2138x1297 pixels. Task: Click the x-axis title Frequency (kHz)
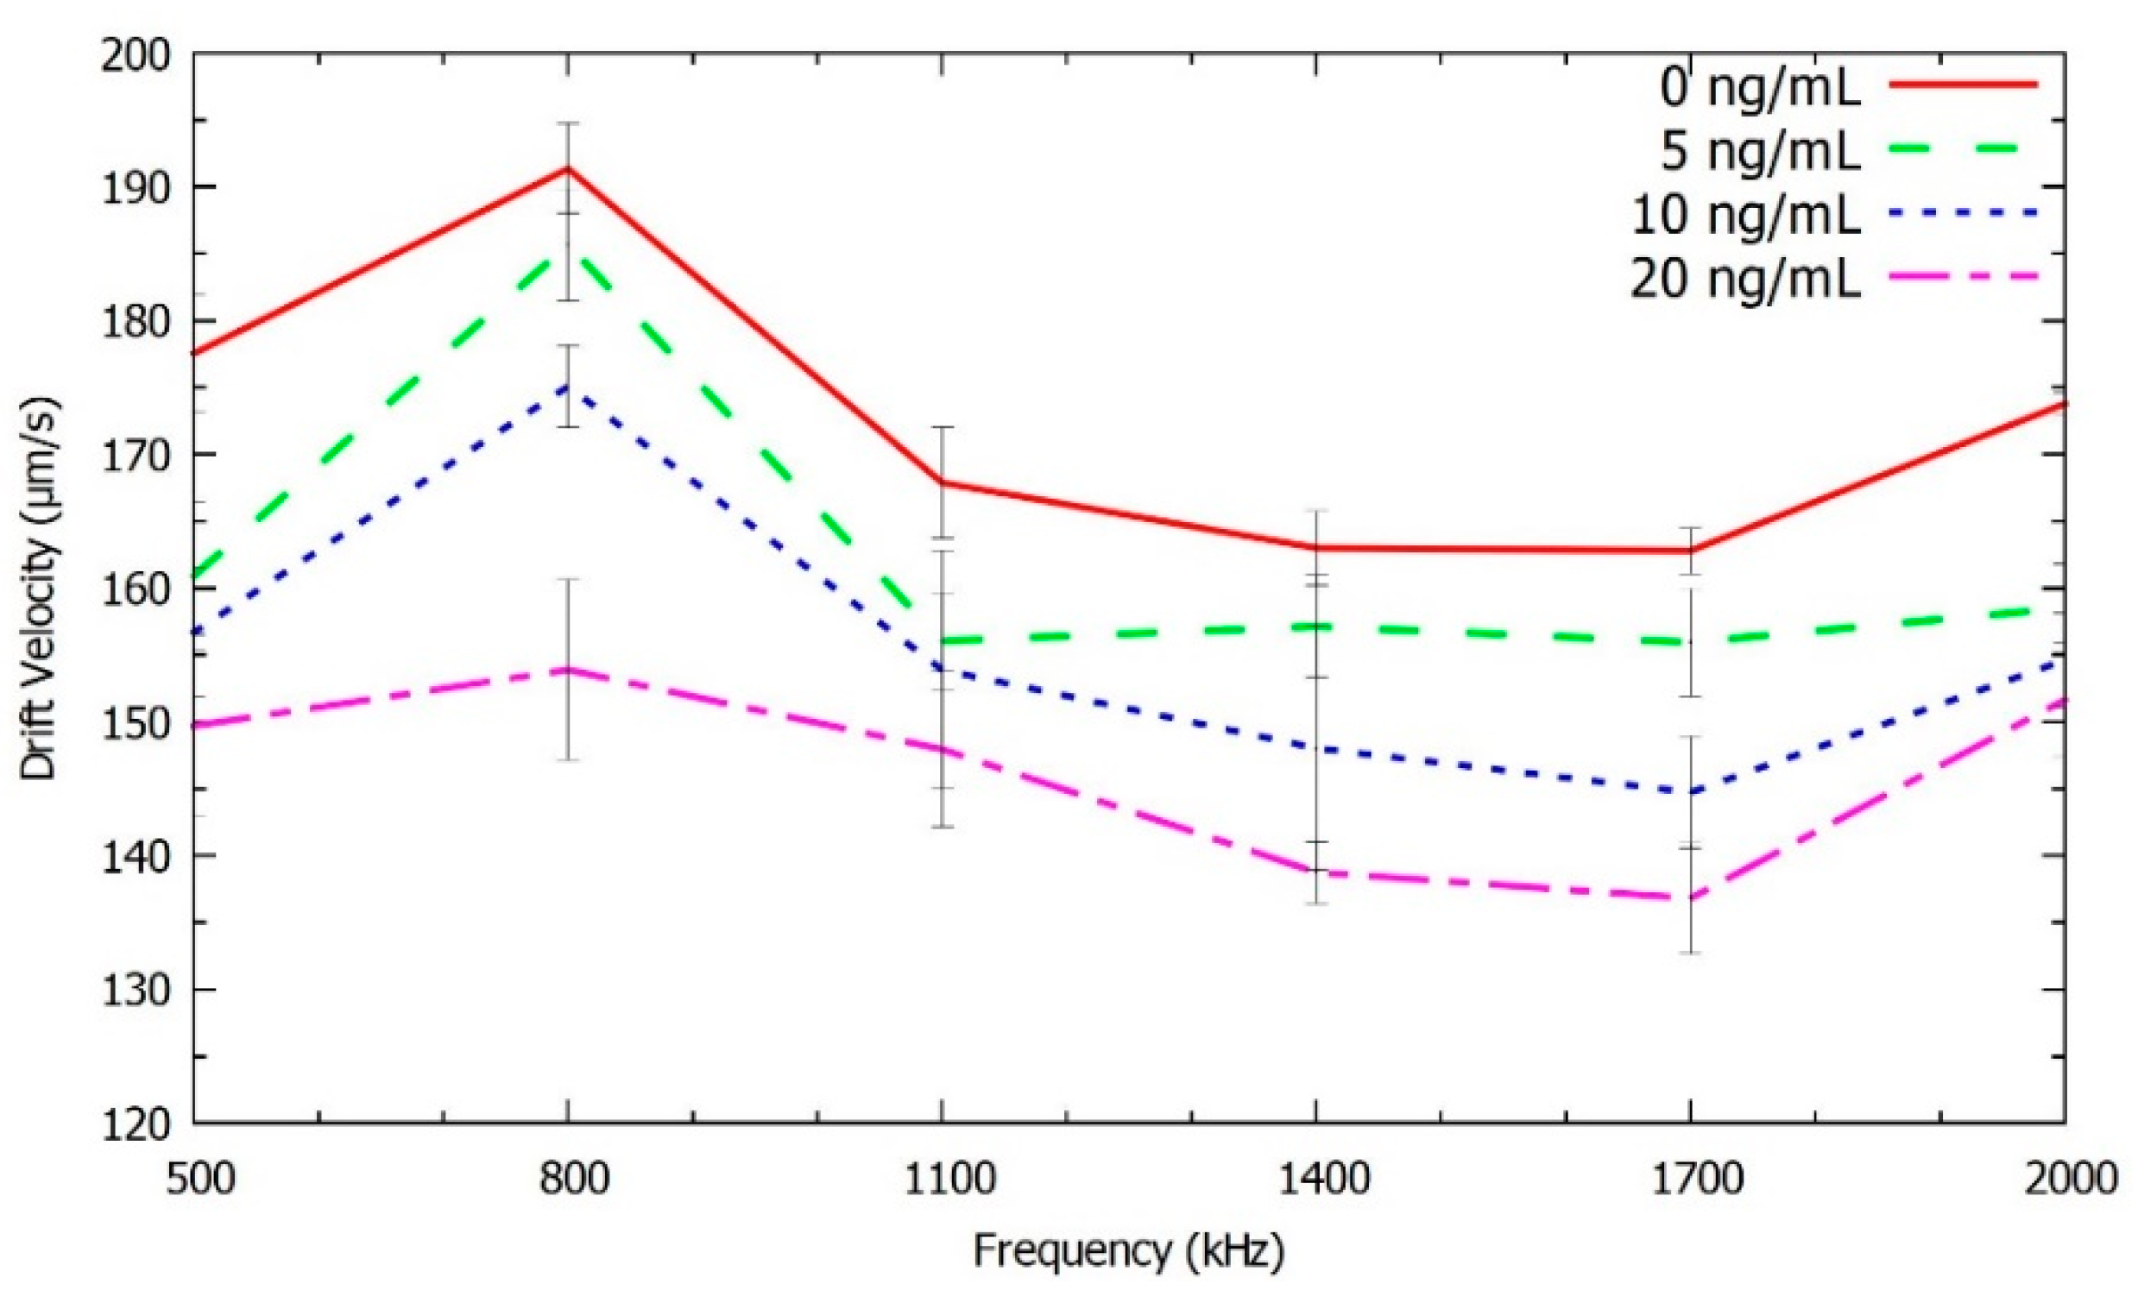(x=1127, y=1251)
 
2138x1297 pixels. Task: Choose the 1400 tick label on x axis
(x=1315, y=1181)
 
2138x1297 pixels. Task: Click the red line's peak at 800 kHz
(x=567, y=167)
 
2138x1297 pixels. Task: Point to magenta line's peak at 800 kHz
(x=567, y=669)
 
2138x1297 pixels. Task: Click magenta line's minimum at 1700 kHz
(x=1690, y=899)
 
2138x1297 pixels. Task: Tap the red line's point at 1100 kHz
(x=942, y=482)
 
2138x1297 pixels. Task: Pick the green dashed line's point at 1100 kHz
(x=942, y=641)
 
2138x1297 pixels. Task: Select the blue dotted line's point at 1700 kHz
(x=1690, y=791)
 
